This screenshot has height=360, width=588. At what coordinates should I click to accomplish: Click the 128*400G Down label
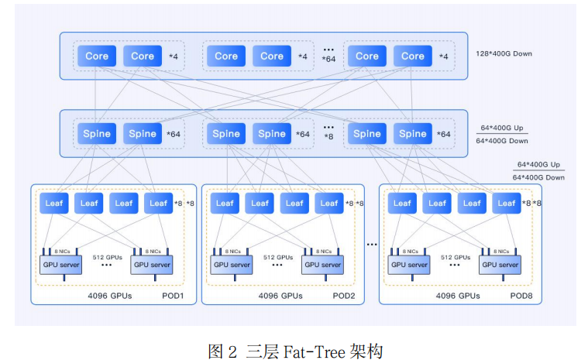(505, 54)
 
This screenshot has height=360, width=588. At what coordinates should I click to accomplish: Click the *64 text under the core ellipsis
(329, 60)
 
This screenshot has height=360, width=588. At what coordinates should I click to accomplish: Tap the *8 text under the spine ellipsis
(329, 136)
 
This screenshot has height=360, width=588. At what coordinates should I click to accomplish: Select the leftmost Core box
(97, 56)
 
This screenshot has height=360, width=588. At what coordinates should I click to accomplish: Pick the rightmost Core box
(413, 56)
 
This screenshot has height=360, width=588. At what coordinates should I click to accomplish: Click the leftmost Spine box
(97, 133)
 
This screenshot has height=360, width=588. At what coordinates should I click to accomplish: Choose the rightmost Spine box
(413, 133)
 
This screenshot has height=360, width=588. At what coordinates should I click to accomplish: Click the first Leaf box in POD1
(54, 203)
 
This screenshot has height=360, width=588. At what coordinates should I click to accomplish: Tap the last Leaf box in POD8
(507, 203)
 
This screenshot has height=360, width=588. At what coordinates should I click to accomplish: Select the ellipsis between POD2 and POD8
(372, 245)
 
